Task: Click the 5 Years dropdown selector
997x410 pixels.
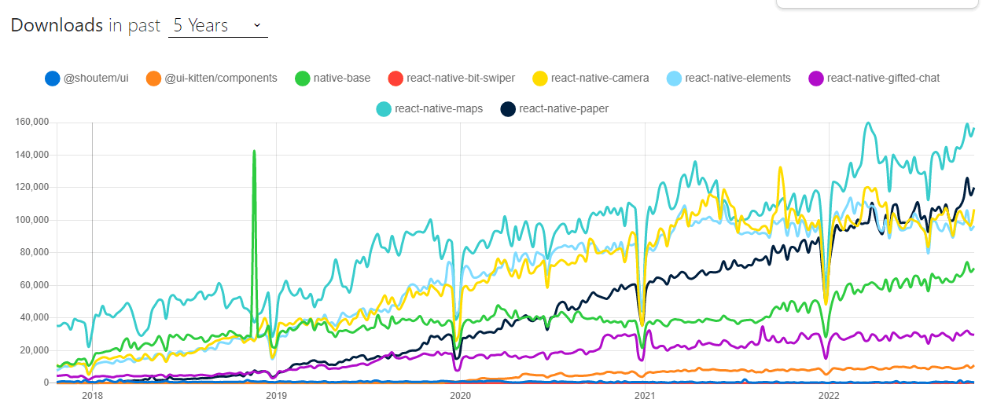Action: [x=218, y=25]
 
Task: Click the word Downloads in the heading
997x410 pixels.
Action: [x=57, y=25]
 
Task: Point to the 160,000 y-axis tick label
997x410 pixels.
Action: [x=32, y=123]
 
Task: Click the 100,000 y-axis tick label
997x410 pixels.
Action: [x=32, y=220]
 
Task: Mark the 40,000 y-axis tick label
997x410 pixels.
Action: [x=35, y=317]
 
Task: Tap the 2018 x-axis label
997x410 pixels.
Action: [x=92, y=396]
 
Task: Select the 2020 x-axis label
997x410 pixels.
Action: [x=460, y=396]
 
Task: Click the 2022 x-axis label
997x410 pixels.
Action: [x=829, y=396]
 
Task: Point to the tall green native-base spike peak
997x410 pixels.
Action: [x=254, y=152]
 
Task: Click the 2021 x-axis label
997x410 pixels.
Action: [x=645, y=396]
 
